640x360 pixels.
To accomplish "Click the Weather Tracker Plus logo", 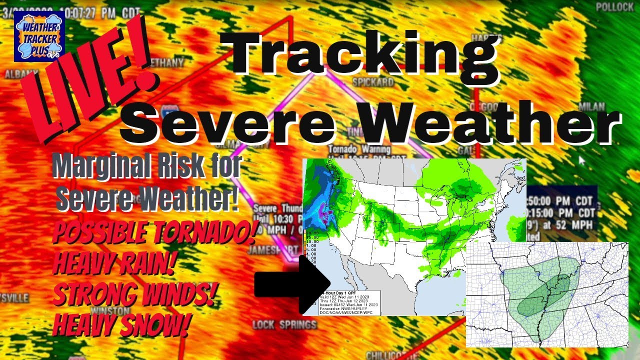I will point(39,36).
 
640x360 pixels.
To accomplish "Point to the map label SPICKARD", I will point(372,81).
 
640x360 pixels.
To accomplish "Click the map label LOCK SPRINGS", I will point(284,325).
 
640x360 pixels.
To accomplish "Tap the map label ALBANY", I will point(18,74).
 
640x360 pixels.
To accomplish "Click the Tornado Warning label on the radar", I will point(359,149).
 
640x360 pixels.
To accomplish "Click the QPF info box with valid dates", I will point(349,302).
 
